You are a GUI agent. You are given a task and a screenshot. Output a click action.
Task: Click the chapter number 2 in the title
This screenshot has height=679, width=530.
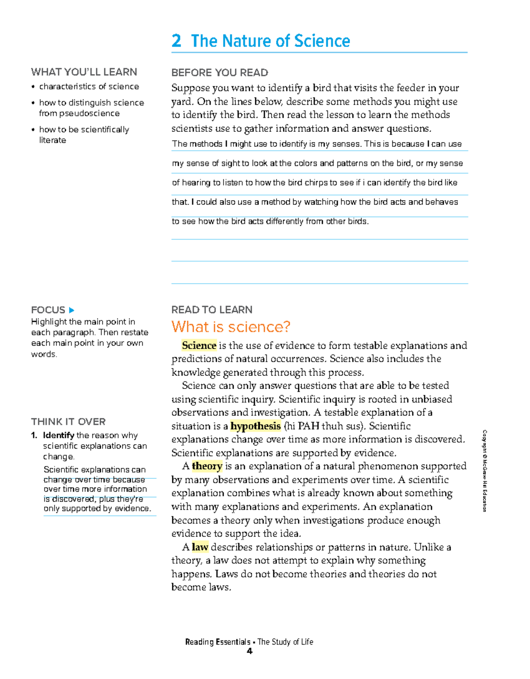pyautogui.click(x=176, y=41)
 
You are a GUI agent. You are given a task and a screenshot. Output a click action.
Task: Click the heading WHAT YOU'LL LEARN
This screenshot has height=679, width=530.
pyautogui.click(x=84, y=72)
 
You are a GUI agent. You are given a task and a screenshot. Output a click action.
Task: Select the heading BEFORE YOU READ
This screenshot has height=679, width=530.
pyautogui.click(x=220, y=72)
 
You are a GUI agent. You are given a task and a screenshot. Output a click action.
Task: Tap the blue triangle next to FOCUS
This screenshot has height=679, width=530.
pyautogui.click(x=72, y=310)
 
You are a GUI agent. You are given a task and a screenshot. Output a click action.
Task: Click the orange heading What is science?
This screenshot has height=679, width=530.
pyautogui.click(x=231, y=327)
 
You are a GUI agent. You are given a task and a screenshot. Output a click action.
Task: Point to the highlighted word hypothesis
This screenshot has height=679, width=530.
pyautogui.click(x=255, y=426)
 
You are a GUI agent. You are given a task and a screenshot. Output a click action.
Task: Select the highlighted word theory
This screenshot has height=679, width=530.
pyautogui.click(x=207, y=466)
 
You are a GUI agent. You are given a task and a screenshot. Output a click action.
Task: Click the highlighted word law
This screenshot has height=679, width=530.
pyautogui.click(x=200, y=547)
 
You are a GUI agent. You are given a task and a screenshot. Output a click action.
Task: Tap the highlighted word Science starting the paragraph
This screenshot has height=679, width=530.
pyautogui.click(x=199, y=345)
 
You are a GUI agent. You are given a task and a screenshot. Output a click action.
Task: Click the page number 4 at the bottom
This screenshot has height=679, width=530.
pyautogui.click(x=250, y=651)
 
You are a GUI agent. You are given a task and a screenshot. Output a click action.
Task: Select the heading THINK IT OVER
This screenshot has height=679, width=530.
pyautogui.click(x=68, y=422)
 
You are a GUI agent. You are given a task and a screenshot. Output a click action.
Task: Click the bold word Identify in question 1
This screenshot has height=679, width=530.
pyautogui.click(x=58, y=435)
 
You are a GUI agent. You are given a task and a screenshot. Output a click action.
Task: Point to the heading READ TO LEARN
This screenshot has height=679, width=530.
pyautogui.click(x=212, y=310)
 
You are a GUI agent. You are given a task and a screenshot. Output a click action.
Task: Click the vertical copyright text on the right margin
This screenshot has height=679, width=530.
pyautogui.click(x=485, y=470)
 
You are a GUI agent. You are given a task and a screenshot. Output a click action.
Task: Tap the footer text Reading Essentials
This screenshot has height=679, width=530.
pyautogui.click(x=217, y=642)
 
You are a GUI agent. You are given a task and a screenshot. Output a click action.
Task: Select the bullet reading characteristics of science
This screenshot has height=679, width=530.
pyautogui.click(x=89, y=87)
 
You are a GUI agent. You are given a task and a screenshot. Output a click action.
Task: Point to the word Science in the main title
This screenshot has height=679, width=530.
pyautogui.click(x=322, y=41)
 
